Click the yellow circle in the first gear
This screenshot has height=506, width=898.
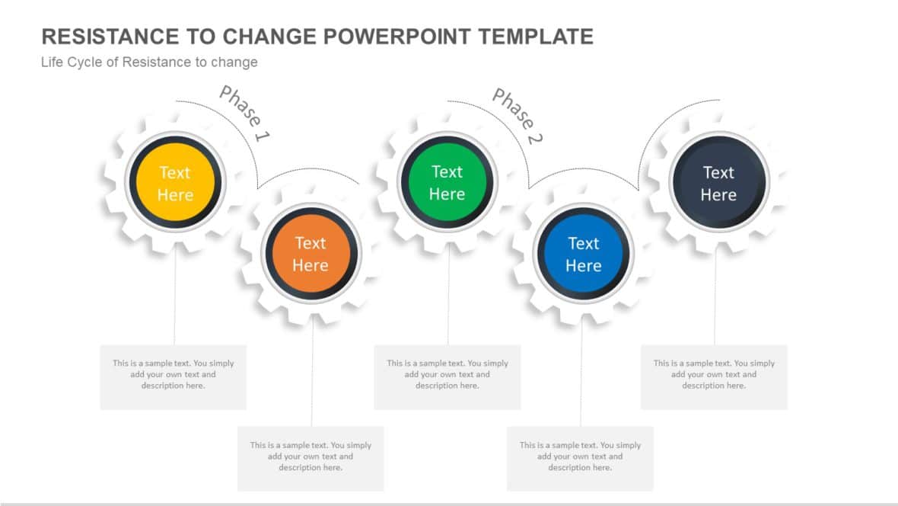[x=175, y=183]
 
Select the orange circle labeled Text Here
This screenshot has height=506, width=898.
[x=310, y=254]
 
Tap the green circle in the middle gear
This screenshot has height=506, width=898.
[x=447, y=183]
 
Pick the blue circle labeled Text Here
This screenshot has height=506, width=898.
[x=583, y=255]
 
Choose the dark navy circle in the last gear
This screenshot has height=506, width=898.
[x=718, y=184]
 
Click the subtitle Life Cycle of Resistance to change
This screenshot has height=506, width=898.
[x=149, y=62]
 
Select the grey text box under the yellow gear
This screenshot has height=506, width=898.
[x=174, y=376]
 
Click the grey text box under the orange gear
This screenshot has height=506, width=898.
[x=310, y=458]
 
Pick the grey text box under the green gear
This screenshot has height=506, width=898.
[x=447, y=376]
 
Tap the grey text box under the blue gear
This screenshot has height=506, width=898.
[x=580, y=458]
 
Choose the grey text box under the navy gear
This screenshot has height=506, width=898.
[x=714, y=376]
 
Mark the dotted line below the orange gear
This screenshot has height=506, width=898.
[x=312, y=373]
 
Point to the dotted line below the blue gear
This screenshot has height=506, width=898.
[x=581, y=373]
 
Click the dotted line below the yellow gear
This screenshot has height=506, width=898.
[x=175, y=297]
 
